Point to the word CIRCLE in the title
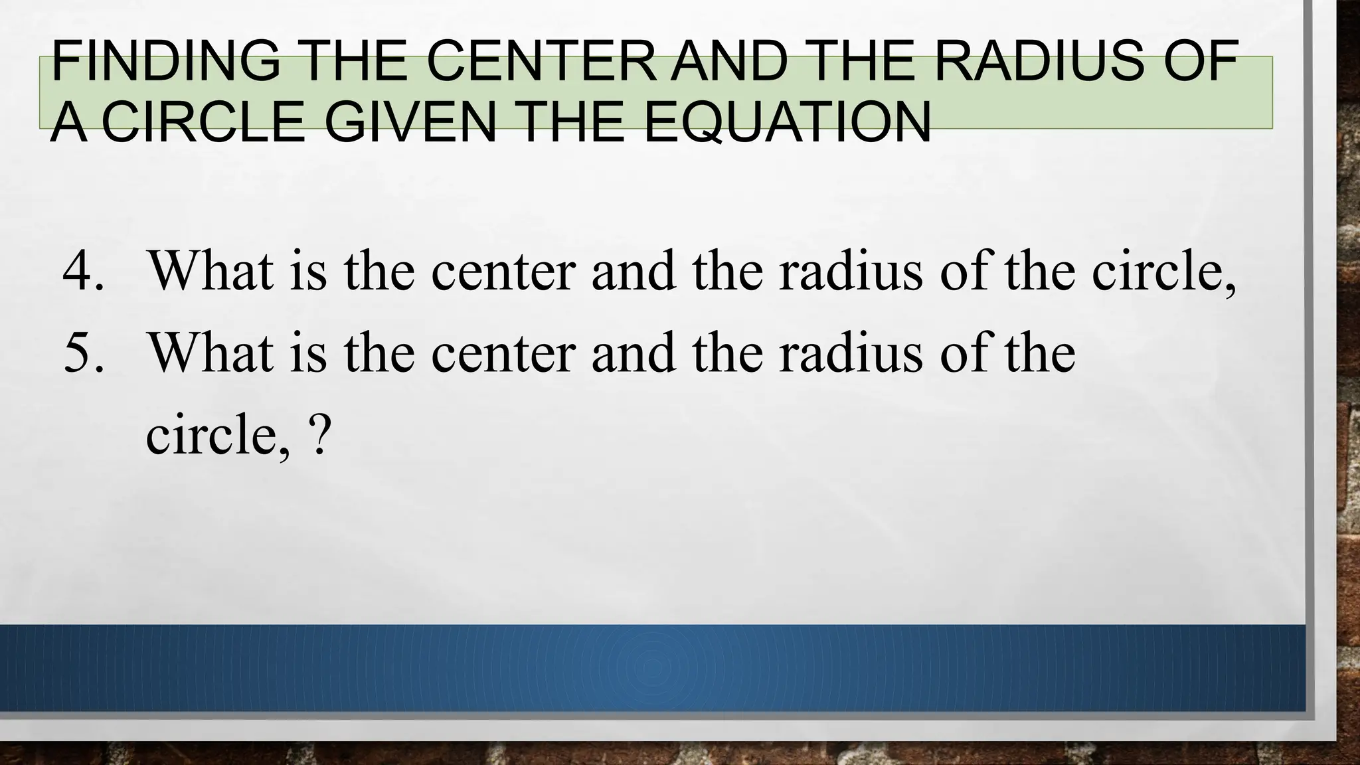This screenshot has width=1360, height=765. point(203,122)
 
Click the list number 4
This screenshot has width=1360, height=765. point(83,272)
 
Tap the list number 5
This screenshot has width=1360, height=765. point(83,353)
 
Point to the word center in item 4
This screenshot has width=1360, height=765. point(502,273)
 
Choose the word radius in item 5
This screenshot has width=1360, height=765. point(851,353)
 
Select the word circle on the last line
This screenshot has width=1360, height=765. point(216,435)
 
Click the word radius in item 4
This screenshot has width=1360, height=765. point(851,272)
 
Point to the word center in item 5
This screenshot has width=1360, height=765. point(502,354)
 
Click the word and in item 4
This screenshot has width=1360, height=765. point(633,272)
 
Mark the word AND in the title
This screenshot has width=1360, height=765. point(728,61)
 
